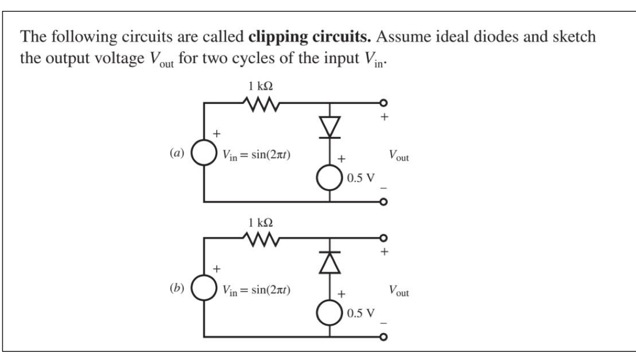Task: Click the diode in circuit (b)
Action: click(330, 264)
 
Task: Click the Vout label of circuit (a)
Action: click(398, 157)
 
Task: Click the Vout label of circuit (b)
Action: click(398, 291)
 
